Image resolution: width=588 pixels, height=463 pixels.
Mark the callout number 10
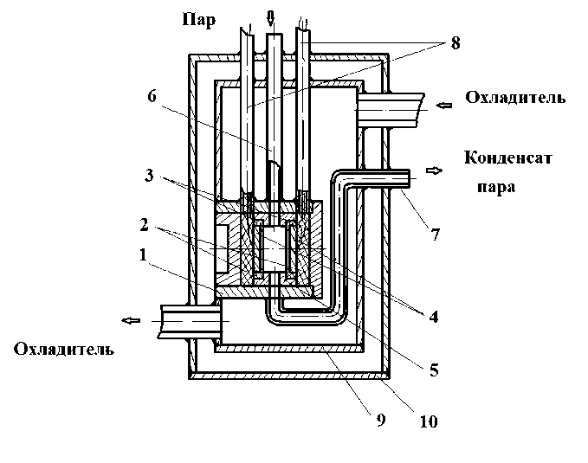click(x=429, y=422)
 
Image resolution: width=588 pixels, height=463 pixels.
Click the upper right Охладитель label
click(x=515, y=98)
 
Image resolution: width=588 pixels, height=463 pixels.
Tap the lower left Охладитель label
click(x=63, y=350)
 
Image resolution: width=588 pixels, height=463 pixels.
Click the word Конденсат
click(x=508, y=158)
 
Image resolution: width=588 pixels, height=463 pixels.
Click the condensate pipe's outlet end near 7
click(x=407, y=176)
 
